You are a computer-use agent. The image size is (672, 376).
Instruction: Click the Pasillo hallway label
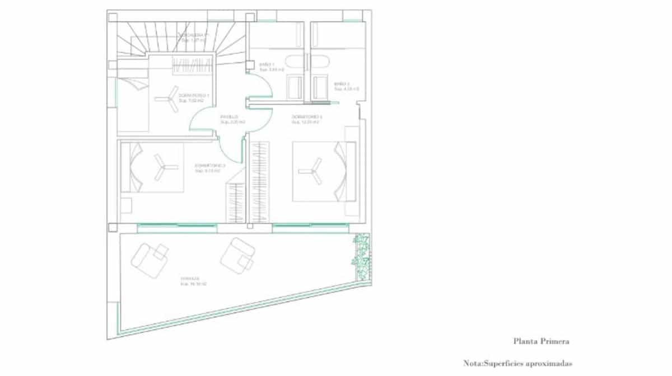click(x=230, y=119)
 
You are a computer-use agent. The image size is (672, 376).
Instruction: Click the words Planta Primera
click(x=541, y=341)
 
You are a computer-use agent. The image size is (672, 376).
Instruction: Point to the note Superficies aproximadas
click(x=518, y=363)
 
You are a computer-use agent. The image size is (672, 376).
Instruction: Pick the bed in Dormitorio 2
click(x=324, y=171)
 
